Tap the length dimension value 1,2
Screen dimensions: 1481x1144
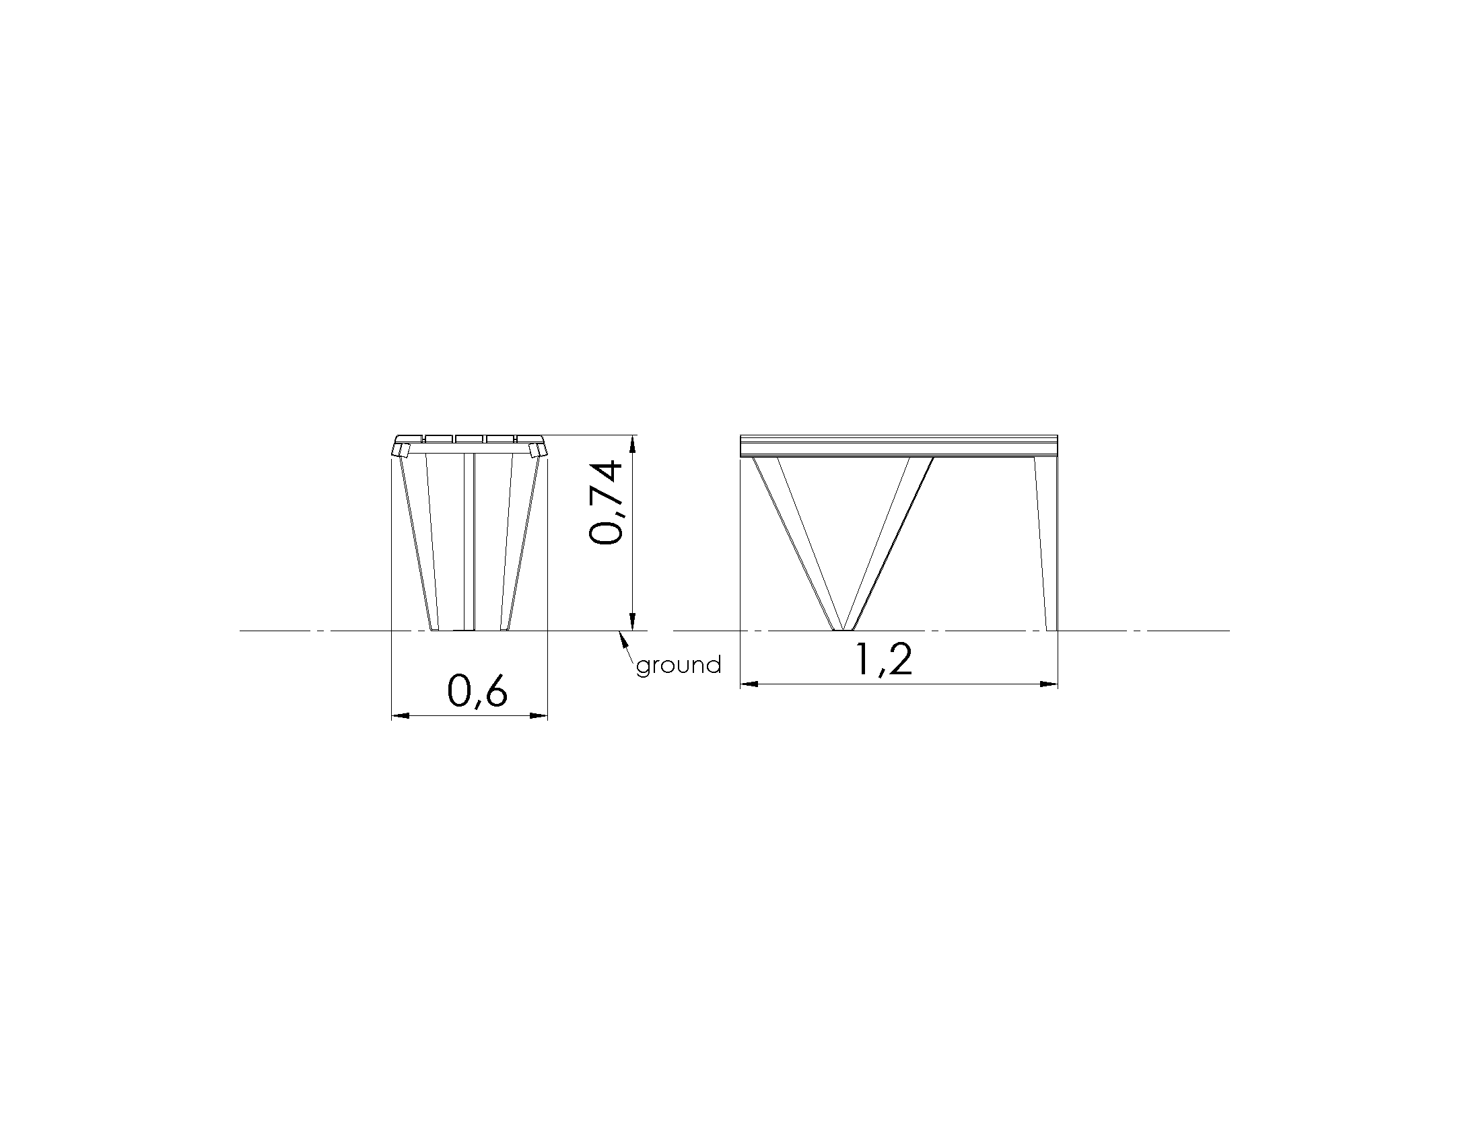pos(883,659)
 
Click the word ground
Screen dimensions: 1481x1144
pos(678,665)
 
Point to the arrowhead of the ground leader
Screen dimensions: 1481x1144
pos(620,638)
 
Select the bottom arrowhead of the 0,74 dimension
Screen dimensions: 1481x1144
pos(632,622)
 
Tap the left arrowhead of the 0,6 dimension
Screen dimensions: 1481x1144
pos(401,715)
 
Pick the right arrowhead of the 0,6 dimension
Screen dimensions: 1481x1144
pos(539,715)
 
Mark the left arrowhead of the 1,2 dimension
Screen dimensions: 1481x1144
pos(749,684)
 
